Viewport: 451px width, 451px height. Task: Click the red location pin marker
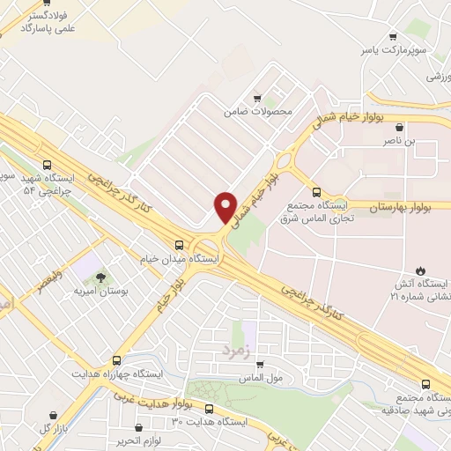225,207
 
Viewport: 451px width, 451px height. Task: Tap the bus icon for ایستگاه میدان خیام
180,245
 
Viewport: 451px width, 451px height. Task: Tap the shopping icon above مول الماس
260,363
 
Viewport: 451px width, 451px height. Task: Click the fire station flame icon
421,270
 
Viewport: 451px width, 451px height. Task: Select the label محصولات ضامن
256,112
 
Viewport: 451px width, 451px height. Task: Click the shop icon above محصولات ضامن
256,99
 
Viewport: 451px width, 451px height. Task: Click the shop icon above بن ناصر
400,128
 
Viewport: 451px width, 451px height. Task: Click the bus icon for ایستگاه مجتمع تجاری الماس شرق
316,191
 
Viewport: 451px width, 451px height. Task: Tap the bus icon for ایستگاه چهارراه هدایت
117,360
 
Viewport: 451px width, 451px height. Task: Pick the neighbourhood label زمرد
235,351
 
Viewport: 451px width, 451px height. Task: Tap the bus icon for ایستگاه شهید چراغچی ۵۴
47,164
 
